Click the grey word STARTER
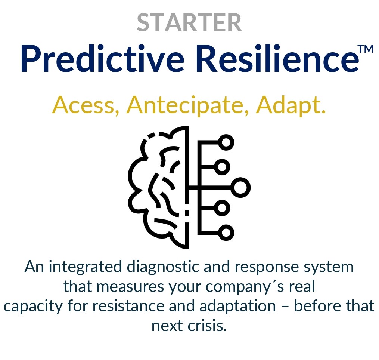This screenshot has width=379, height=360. point(189,23)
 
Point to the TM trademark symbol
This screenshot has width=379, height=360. point(365,50)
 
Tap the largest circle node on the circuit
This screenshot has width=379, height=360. point(240,187)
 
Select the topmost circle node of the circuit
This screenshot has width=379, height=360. point(226,142)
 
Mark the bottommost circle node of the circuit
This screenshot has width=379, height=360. point(226,233)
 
